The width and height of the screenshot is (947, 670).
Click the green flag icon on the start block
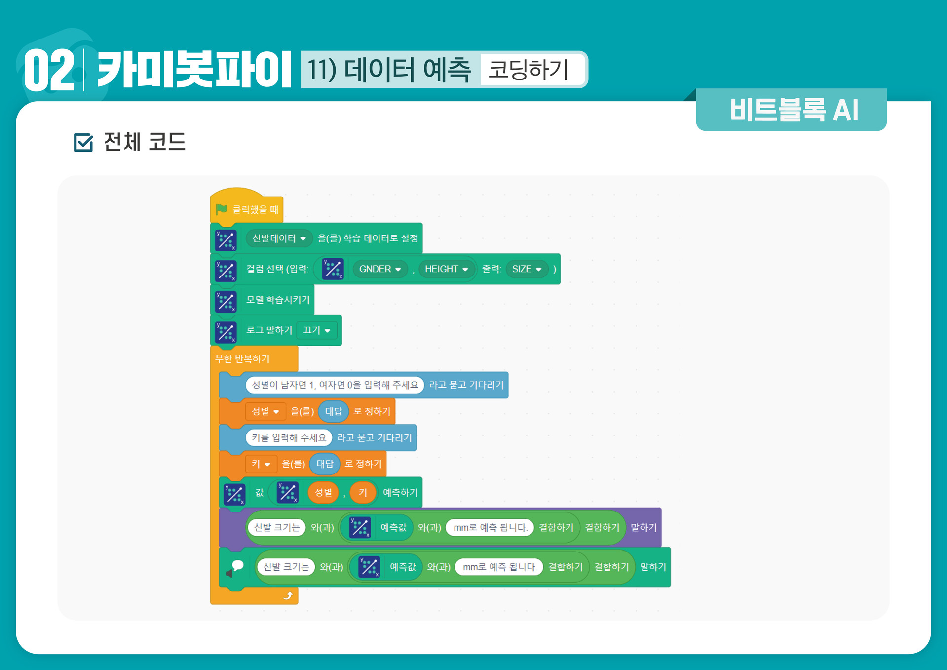tap(221, 209)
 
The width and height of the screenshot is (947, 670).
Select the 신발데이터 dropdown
tap(279, 238)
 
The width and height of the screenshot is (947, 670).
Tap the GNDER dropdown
tap(379, 269)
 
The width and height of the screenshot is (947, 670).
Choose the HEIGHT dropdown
tap(446, 269)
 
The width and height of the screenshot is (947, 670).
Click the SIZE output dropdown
tap(527, 269)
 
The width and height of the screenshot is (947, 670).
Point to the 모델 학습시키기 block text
tap(278, 300)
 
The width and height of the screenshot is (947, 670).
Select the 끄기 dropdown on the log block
tap(316, 330)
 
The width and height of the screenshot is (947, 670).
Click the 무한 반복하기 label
tap(242, 359)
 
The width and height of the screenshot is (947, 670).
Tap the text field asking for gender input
tap(335, 385)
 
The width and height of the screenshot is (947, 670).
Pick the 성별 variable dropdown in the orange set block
tap(265, 411)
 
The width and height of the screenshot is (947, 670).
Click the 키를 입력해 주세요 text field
tap(289, 437)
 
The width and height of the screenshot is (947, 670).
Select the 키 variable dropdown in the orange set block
tap(261, 464)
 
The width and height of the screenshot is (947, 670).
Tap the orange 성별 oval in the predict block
tap(323, 492)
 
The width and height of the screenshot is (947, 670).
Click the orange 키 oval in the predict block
tap(363, 492)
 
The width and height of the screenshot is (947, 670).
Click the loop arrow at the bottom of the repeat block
tap(288, 596)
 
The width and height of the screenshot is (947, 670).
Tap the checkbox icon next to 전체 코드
tap(83, 142)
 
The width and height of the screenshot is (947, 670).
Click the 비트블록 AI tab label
tap(794, 110)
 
